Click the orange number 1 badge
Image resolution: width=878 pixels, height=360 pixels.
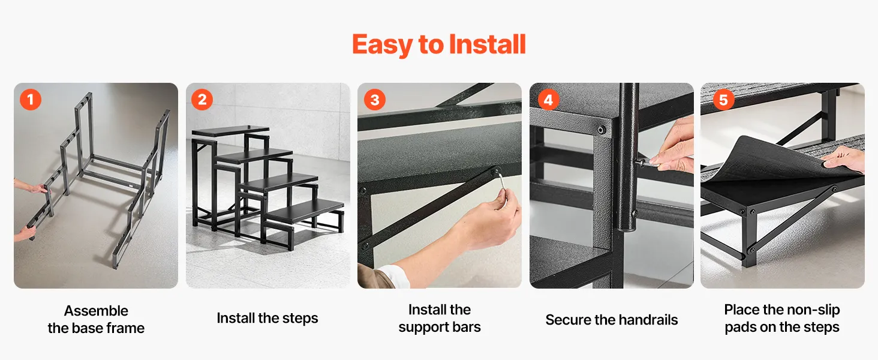tap(31, 100)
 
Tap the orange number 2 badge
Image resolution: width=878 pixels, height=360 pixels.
tap(202, 100)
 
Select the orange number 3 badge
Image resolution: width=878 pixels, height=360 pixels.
tap(375, 100)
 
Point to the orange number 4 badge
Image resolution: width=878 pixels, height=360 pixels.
tap(548, 100)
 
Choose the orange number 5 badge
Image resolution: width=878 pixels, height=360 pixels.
tap(723, 100)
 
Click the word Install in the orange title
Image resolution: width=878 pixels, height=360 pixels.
tap(487, 44)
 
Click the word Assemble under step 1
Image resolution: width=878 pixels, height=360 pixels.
tap(96, 311)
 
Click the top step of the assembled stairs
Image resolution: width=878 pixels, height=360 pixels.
tap(230, 131)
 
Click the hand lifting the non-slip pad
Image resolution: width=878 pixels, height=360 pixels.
tap(844, 159)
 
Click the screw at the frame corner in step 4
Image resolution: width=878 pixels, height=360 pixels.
tap(601, 130)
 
